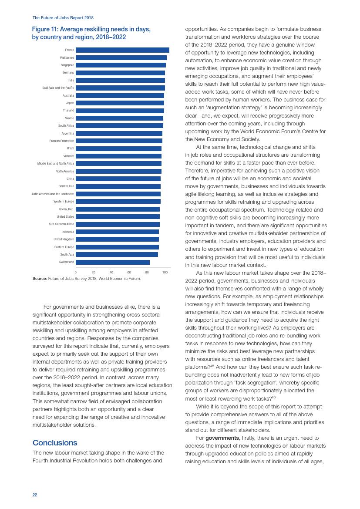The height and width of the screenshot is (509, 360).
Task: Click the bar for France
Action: click(122, 50)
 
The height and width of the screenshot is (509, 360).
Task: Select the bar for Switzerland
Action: click(113, 262)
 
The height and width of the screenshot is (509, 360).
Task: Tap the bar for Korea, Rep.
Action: click(118, 209)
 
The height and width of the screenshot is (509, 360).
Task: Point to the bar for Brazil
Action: click(118, 148)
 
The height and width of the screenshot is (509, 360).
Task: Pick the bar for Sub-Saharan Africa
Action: click(118, 224)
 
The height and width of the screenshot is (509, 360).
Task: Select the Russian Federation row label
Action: click(62, 141)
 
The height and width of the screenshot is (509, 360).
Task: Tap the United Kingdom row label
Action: click(64, 239)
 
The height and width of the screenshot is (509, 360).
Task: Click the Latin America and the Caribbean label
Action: click(53, 194)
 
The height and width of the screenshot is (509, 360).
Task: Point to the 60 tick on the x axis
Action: click(129, 272)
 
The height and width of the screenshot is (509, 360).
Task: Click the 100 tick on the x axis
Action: click(165, 272)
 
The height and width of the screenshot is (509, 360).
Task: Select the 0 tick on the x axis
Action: click(76, 272)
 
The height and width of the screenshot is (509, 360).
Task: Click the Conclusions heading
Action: click(55, 443)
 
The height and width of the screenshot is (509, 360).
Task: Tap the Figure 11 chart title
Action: click(91, 33)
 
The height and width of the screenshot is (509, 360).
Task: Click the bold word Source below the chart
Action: click(40, 279)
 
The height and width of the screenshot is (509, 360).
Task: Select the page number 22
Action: click(35, 495)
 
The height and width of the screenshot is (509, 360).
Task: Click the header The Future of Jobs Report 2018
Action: click(63, 18)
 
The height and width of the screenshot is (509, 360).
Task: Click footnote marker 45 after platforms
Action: click(212, 365)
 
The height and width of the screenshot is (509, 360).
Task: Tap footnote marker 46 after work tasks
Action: click(274, 397)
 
